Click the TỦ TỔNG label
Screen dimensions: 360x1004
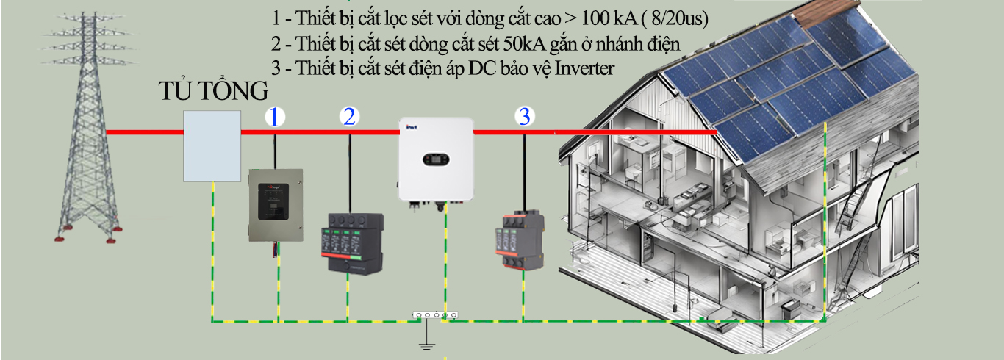(x=214, y=92)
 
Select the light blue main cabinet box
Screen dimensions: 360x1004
(x=212, y=145)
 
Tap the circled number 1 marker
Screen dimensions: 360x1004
(x=274, y=117)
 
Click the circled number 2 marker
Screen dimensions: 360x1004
(x=349, y=117)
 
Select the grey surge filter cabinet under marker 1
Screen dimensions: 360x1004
(x=276, y=205)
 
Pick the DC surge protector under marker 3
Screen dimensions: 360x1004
(x=523, y=241)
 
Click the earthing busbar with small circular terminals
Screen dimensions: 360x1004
(x=434, y=316)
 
